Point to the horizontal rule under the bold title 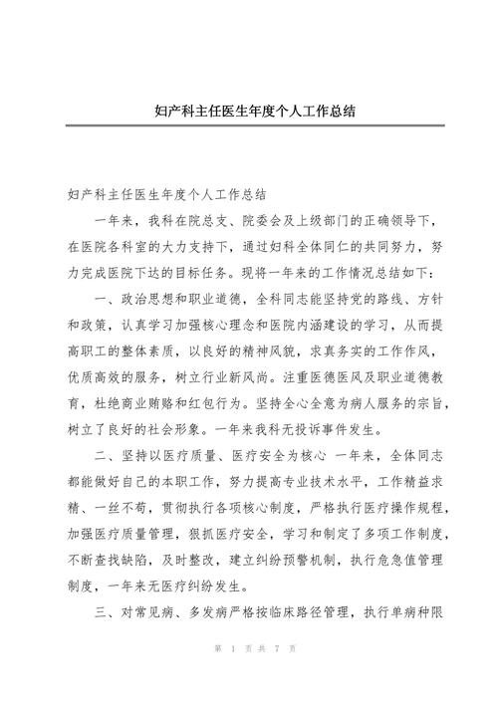click(x=249, y=126)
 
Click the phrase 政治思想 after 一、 click(x=164, y=297)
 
